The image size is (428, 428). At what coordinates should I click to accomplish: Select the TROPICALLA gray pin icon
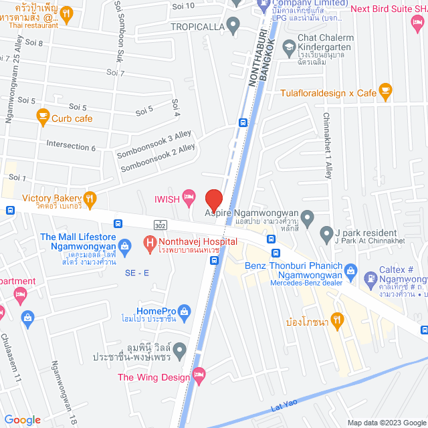coord(233,27)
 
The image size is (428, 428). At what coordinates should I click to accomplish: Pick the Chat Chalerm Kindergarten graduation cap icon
coord(289,47)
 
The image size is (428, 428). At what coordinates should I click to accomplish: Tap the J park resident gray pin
coord(326,234)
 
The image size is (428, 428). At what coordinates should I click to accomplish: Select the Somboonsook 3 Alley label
coord(154,145)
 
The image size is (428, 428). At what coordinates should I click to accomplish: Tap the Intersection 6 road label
coord(71,145)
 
